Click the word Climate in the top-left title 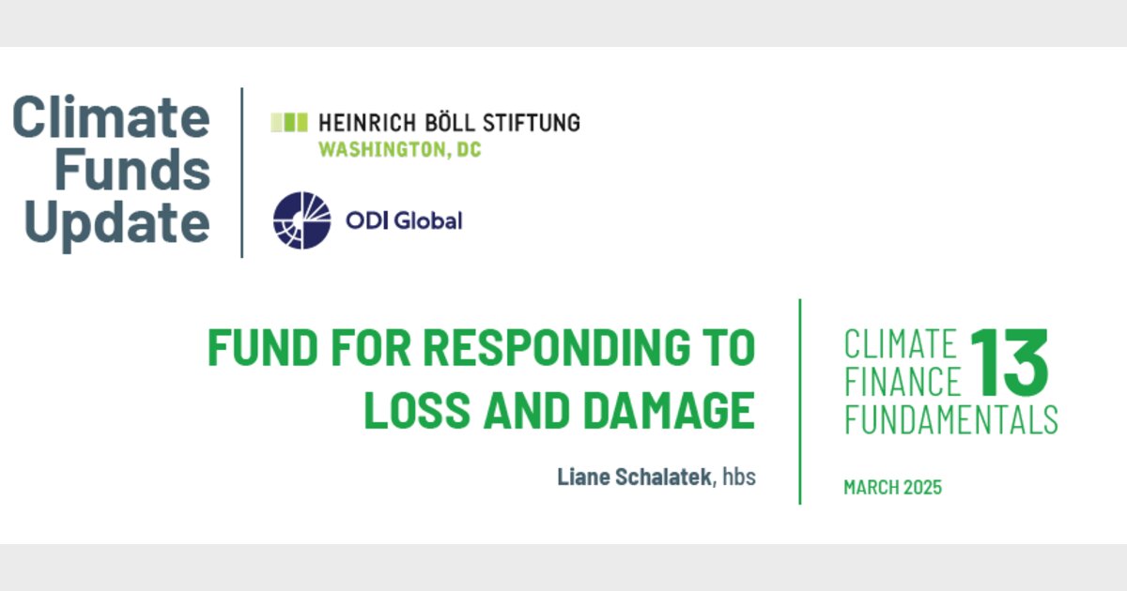[111, 117]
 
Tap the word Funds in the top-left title [132, 170]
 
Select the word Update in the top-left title [117, 223]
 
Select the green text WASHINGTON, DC [399, 149]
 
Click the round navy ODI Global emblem [302, 221]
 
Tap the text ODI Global [404, 221]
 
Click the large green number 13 [1009, 362]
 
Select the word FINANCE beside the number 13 [903, 383]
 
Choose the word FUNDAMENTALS [950, 419]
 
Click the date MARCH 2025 [892, 488]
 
